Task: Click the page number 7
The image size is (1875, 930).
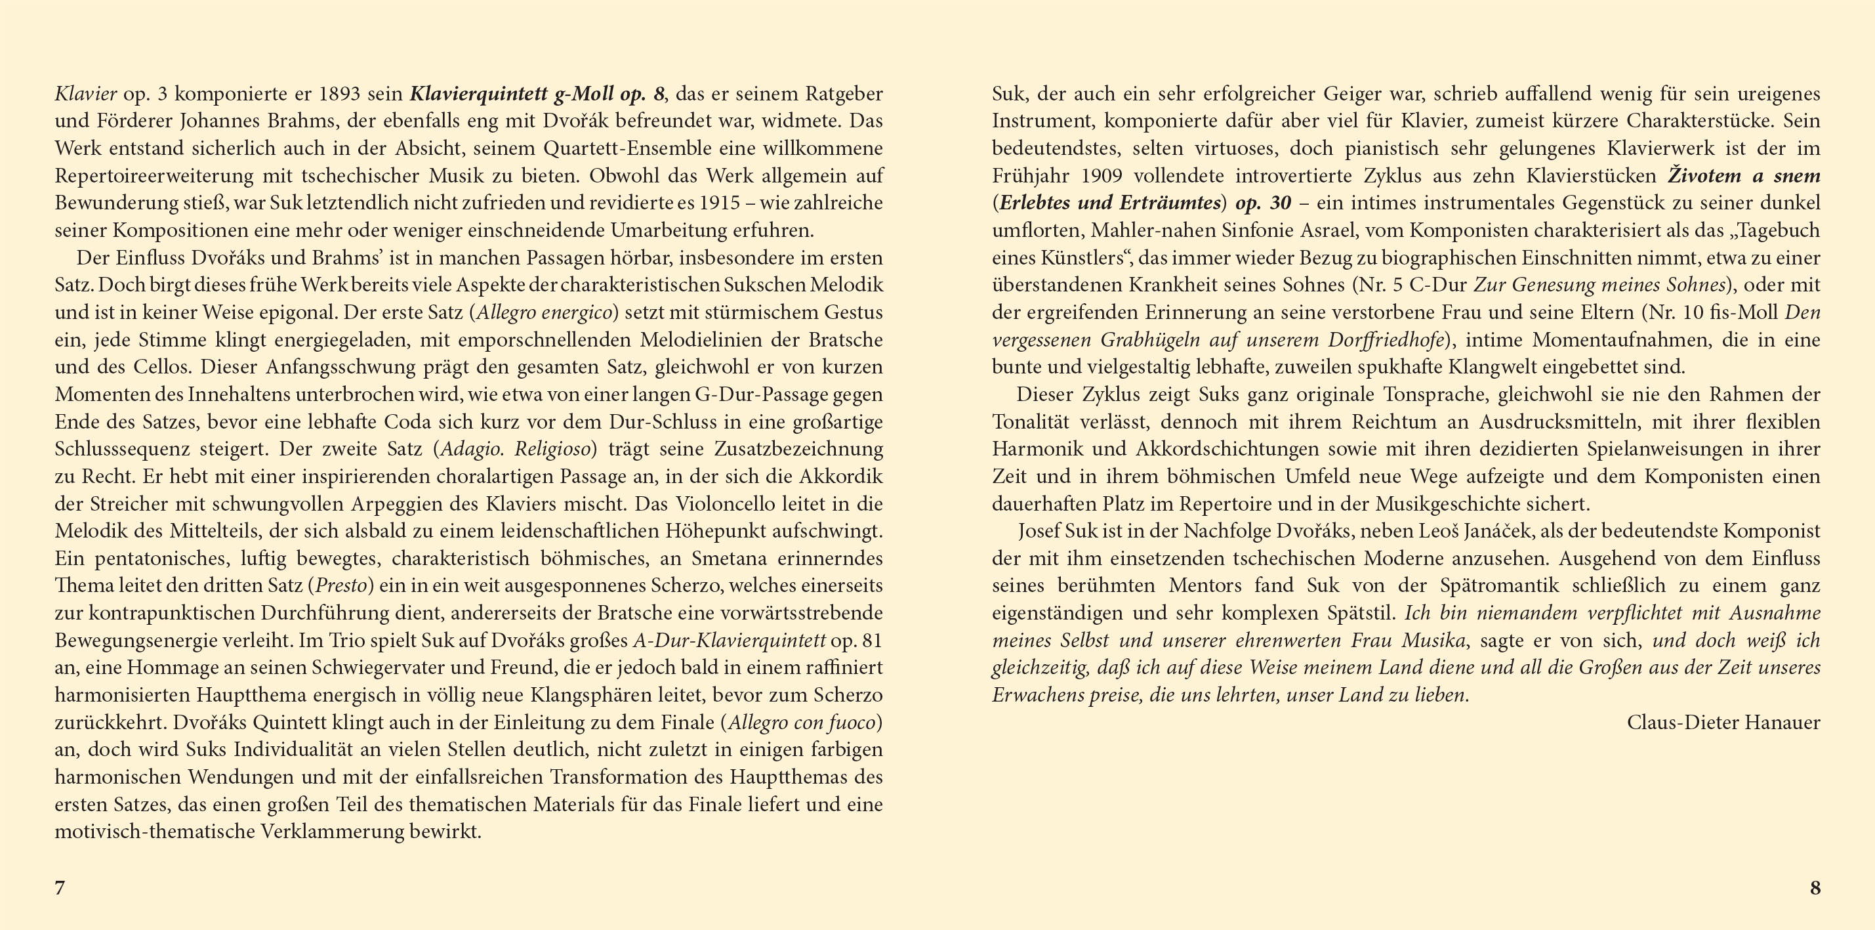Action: point(60,888)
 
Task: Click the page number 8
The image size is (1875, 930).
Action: point(1815,888)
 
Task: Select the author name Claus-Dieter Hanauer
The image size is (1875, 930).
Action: point(1723,723)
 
